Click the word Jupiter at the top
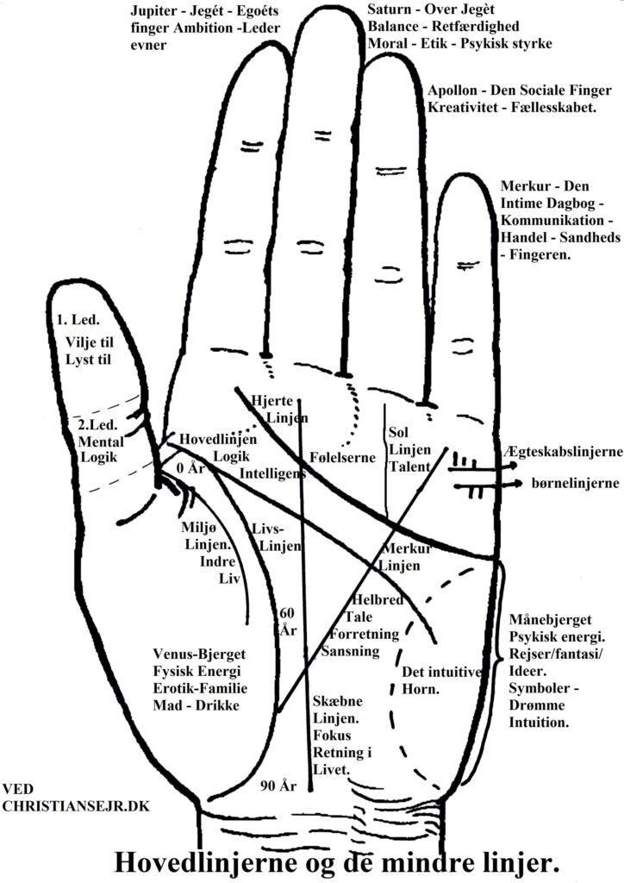[153, 11]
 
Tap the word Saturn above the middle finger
[388, 9]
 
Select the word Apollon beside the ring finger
[452, 91]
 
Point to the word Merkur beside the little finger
[523, 186]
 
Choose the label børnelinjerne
[575, 483]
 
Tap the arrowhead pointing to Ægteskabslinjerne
[513, 466]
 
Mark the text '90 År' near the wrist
[278, 786]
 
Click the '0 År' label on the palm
[190, 468]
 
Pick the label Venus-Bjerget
[199, 655]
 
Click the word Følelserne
[342, 457]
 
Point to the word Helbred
[378, 600]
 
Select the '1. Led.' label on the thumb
[78, 321]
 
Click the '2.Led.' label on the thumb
[97, 425]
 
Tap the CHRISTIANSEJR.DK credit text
[76, 806]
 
